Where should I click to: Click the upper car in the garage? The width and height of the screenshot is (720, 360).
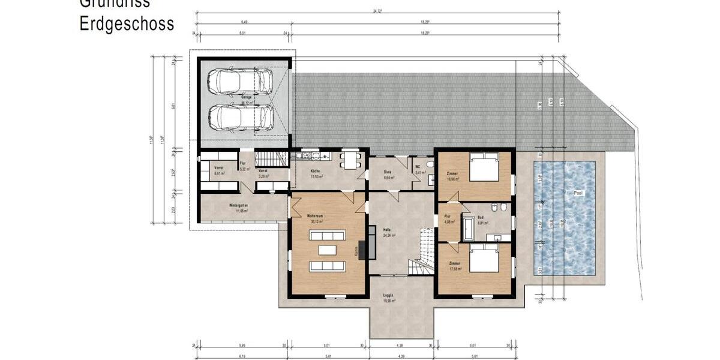coord(238,81)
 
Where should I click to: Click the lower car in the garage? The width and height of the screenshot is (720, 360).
coord(238,116)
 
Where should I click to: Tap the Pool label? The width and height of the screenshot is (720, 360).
coord(578,193)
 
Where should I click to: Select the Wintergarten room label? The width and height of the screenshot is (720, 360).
coord(238,206)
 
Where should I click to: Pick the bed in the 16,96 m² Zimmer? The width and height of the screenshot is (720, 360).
coord(484,167)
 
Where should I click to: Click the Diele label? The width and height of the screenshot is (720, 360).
coord(388,172)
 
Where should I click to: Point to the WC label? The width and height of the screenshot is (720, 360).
coord(417,167)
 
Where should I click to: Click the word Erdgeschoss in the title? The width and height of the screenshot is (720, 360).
coord(127,24)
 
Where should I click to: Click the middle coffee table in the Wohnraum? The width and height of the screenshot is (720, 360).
coord(327,249)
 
